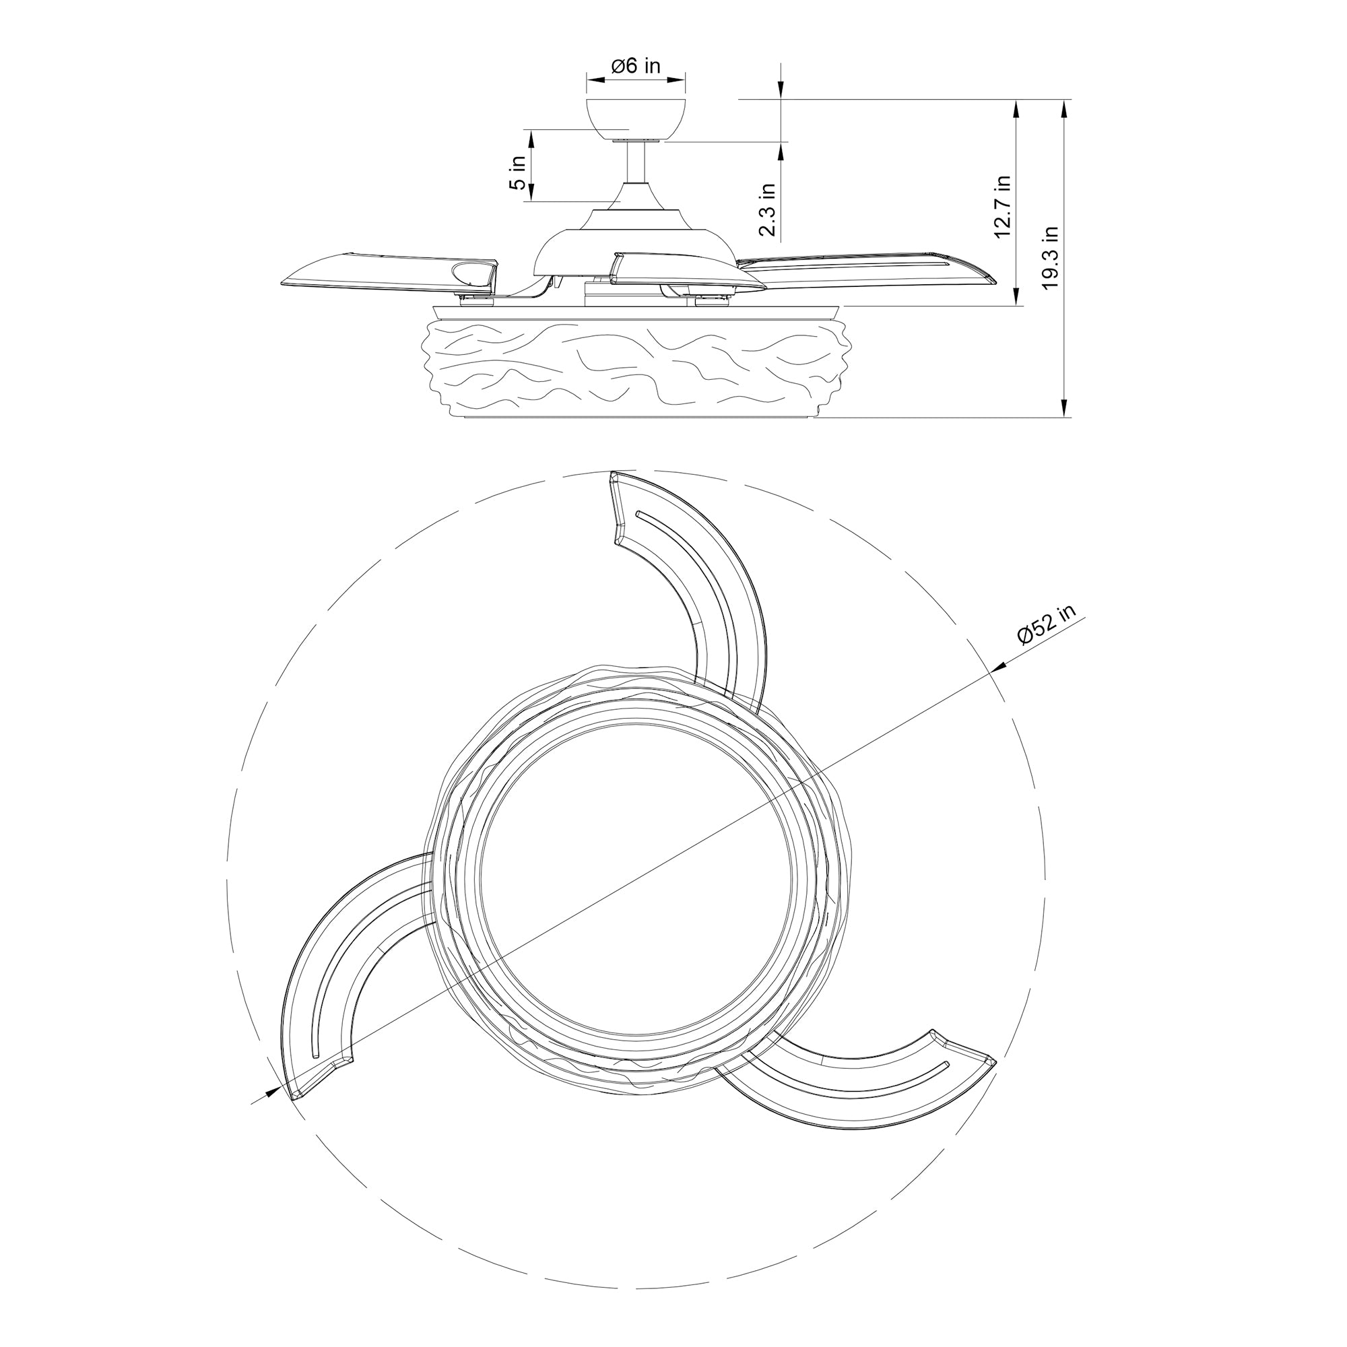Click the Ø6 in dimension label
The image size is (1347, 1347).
click(x=635, y=66)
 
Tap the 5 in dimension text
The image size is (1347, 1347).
click(x=517, y=173)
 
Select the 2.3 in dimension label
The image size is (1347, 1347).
click(x=767, y=210)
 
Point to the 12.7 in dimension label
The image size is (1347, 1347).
click(x=1002, y=206)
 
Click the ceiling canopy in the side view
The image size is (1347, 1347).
click(x=636, y=119)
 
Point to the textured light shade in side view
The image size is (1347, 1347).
click(x=636, y=366)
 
